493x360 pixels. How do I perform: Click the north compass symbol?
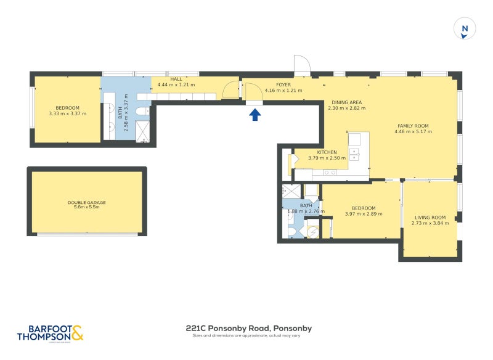465,28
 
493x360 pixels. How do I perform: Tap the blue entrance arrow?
255,114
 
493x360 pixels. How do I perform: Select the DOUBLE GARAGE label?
87,202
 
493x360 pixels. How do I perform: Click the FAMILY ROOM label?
412,126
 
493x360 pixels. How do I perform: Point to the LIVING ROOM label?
430,217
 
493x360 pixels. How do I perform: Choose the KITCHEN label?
327,152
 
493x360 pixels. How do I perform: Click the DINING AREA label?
346,102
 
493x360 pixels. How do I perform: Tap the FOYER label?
283,85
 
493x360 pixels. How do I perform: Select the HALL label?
176,79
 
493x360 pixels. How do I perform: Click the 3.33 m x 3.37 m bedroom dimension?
68,113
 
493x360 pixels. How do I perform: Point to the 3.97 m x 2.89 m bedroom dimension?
364,215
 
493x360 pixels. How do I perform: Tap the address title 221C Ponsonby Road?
248,329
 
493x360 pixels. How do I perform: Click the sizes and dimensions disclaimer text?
248,336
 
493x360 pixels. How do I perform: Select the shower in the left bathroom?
143,131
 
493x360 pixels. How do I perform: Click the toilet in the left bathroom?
141,111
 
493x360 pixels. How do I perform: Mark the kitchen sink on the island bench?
354,153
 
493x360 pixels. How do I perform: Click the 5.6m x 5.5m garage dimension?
87,207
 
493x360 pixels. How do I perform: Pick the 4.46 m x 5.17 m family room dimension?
412,131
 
